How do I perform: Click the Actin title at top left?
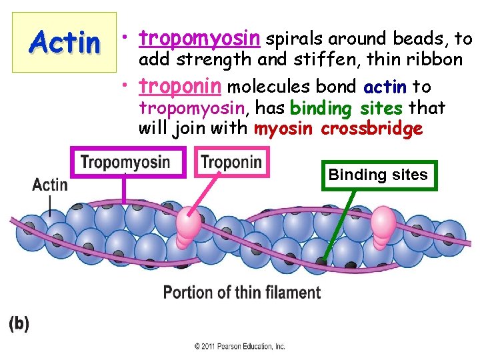pos(65,43)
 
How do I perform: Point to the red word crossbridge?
pos(371,129)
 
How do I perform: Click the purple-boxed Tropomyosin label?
pos(125,162)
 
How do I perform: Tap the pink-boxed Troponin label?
pos(231,162)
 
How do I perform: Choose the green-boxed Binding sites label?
pos(378,175)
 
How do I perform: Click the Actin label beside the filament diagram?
pos(50,184)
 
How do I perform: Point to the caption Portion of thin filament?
pos(242,293)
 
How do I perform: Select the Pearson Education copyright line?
pos(239,347)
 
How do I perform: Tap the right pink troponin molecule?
pos(382,224)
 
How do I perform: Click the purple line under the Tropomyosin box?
pos(124,189)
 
